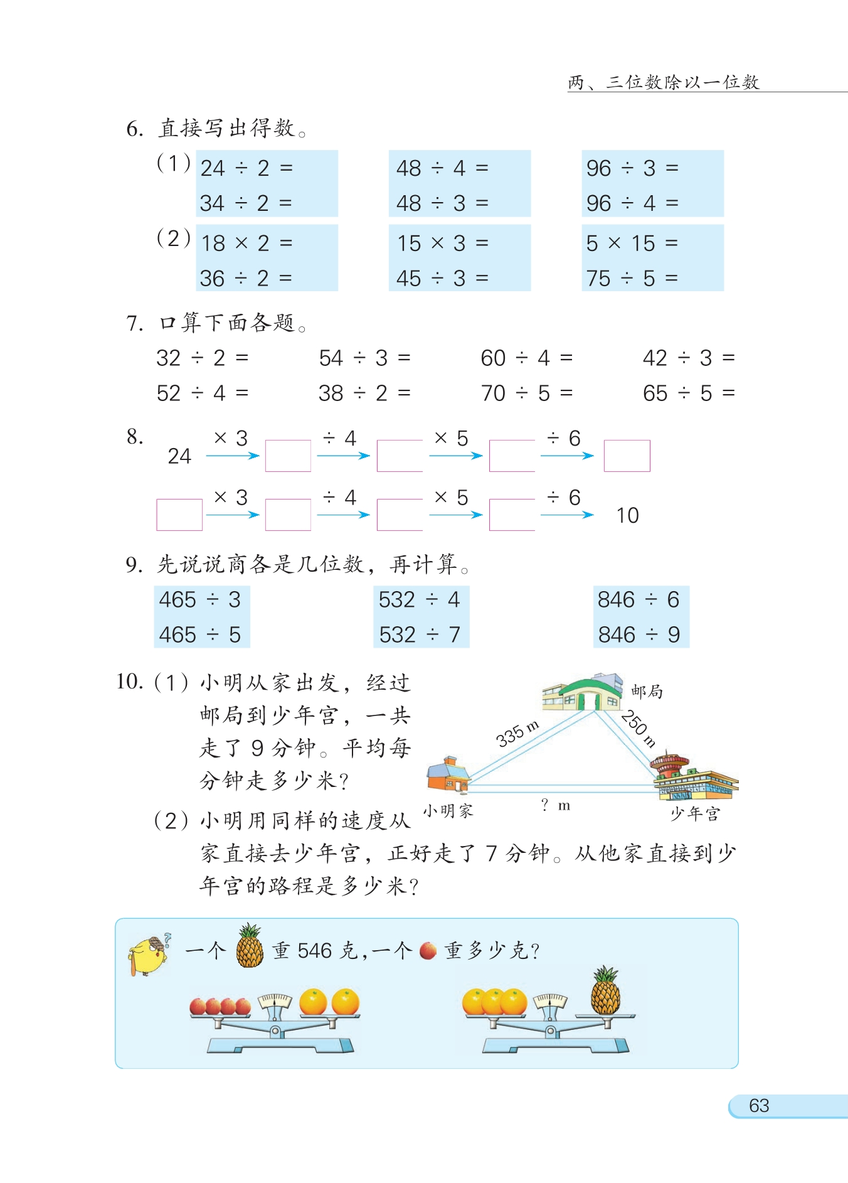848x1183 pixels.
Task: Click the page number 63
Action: [759, 1105]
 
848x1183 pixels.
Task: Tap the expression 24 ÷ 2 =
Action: [246, 168]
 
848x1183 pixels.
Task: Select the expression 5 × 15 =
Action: [632, 243]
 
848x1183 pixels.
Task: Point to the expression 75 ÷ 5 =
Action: [632, 278]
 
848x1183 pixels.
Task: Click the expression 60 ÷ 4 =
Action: [526, 358]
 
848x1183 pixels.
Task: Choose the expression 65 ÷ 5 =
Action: [689, 393]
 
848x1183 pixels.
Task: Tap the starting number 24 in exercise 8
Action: [179, 456]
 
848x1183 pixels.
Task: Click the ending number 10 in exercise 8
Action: [627, 515]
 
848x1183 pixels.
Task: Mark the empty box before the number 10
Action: [512, 515]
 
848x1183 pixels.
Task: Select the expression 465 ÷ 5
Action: [200, 634]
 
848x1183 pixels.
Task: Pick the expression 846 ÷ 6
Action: [639, 599]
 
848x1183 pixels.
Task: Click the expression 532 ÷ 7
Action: [420, 634]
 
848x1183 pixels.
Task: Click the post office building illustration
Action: [582, 692]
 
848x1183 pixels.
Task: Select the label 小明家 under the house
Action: [448, 811]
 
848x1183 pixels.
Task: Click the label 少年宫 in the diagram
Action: [695, 814]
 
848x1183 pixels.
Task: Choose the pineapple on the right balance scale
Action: [605, 991]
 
